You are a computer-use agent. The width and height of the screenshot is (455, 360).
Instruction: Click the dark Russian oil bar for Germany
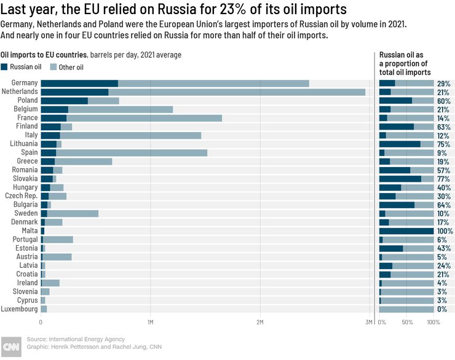[x=79, y=83]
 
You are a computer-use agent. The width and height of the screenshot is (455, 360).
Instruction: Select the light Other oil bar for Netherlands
[x=237, y=92]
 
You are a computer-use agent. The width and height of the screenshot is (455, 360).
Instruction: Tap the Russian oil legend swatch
[x=5, y=67]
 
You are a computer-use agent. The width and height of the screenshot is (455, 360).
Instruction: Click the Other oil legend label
[x=71, y=67]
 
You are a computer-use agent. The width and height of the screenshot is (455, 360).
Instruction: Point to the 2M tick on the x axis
[x=259, y=322]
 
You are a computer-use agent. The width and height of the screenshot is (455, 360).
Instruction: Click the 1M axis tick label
[x=150, y=322]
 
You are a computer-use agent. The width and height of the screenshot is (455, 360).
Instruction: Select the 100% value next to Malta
[x=445, y=231]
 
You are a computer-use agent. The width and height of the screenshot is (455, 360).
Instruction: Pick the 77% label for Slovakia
[x=444, y=179]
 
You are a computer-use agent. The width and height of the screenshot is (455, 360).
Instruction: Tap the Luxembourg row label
[x=20, y=309]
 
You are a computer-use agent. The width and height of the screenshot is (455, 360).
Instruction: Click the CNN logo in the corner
[x=10, y=346]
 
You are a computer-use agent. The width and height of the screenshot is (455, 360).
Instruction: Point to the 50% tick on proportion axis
[x=407, y=322]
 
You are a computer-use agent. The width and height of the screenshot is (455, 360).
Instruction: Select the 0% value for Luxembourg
[x=441, y=309]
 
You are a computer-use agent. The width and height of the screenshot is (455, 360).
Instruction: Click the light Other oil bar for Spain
[x=132, y=152]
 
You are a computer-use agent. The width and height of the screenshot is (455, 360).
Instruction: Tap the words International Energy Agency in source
[x=86, y=339]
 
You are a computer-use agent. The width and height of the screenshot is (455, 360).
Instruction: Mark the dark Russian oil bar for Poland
[x=64, y=100]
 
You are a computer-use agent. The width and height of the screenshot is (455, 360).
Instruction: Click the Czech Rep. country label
[x=22, y=196]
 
